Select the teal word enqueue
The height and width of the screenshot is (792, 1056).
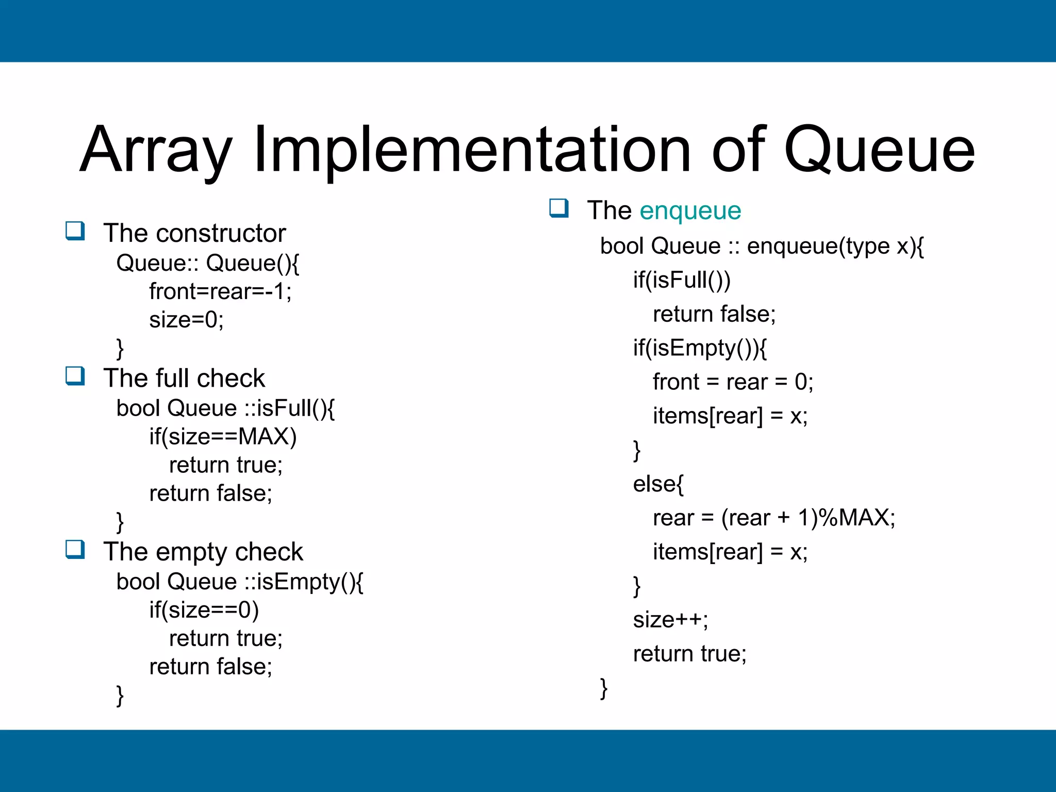tap(690, 210)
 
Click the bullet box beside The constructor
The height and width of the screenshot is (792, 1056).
tap(75, 230)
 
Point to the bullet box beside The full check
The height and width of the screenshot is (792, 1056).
tap(75, 376)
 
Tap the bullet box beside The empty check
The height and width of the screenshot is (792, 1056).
tap(75, 549)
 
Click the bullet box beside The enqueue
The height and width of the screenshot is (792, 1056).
tap(559, 208)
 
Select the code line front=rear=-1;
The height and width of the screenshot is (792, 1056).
tap(220, 291)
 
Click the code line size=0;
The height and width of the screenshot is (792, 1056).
tap(186, 320)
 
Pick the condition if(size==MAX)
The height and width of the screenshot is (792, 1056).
tap(223, 437)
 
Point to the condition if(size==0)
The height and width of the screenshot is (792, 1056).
tap(204, 610)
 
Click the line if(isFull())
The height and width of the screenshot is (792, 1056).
tap(682, 280)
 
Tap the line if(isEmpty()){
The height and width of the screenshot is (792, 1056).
tap(700, 348)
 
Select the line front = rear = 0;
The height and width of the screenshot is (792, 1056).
tap(733, 382)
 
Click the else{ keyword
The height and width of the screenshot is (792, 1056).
tap(658, 484)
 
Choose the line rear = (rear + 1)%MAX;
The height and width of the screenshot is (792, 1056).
tap(773, 518)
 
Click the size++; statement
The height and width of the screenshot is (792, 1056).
tap(670, 620)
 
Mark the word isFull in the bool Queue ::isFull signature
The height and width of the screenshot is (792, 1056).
tap(284, 408)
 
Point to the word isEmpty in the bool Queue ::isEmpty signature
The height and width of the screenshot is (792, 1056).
tap(299, 582)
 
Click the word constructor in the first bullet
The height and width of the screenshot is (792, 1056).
tap(221, 233)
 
